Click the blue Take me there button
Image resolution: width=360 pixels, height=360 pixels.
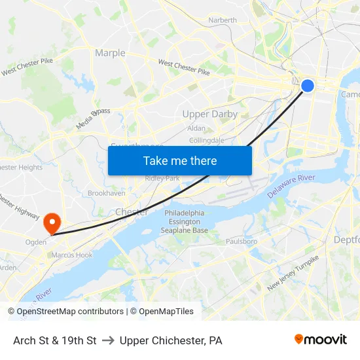180,160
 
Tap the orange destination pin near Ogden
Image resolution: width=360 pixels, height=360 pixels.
51,223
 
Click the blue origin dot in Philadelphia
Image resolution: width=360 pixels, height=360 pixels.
307,85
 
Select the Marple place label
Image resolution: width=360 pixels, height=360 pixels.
110,53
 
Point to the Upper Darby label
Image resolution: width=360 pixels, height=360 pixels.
210,114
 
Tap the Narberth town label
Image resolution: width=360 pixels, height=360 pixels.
223,20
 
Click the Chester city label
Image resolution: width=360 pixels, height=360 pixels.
132,212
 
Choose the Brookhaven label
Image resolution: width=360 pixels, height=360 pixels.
107,194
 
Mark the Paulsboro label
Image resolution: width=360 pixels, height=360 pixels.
241,242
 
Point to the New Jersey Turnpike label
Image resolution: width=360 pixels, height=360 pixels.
293,274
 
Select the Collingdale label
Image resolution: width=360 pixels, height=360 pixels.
206,140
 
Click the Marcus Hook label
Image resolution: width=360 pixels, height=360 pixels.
72,255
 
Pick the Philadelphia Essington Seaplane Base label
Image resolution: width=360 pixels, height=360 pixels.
186,222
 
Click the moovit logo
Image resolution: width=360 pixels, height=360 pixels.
321,340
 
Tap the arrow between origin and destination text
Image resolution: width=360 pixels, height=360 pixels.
108,340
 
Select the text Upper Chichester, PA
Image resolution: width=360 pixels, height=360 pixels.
171,340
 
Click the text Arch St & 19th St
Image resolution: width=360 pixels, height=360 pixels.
55,340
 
